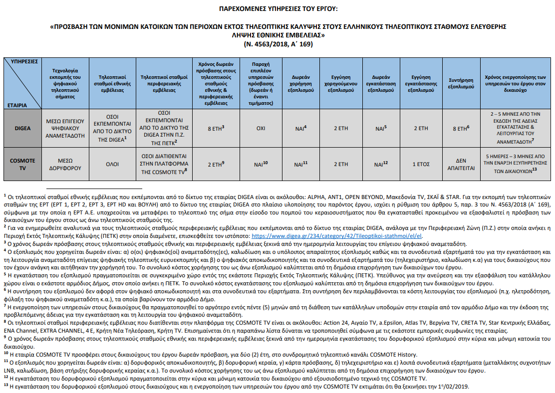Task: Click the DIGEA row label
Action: (23, 128)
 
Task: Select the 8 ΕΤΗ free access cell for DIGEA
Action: (216, 128)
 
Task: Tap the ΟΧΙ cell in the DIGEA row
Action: (261, 128)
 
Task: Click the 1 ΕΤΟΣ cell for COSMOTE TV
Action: (420, 164)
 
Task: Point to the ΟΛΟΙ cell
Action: (108, 164)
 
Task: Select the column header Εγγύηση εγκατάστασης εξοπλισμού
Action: (420, 82)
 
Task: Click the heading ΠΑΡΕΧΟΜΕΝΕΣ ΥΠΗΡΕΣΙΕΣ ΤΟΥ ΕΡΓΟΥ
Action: (277, 8)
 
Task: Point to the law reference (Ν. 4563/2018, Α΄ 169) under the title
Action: (277, 43)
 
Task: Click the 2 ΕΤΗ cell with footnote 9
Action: (216, 164)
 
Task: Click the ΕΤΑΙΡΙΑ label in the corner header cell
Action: (18, 105)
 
